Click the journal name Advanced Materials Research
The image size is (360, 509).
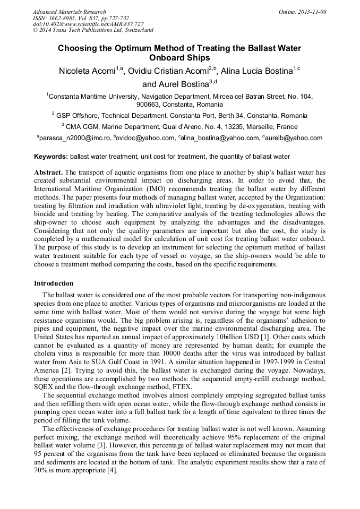click(x=69, y=12)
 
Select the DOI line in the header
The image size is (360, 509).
click(x=80, y=24)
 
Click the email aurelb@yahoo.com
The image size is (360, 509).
click(x=294, y=138)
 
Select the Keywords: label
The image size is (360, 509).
click(x=51, y=157)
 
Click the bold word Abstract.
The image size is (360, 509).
click(x=48, y=173)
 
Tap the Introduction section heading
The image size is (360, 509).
click(x=54, y=283)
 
